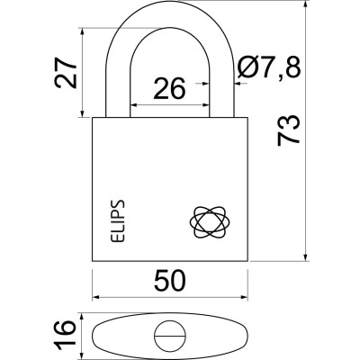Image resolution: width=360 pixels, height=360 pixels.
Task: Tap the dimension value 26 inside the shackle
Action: click(169, 88)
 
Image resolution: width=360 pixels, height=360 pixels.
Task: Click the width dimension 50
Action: click(169, 281)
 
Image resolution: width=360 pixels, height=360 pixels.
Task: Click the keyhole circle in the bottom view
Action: click(169, 336)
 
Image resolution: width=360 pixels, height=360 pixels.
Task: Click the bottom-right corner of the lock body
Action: click(246, 259)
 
